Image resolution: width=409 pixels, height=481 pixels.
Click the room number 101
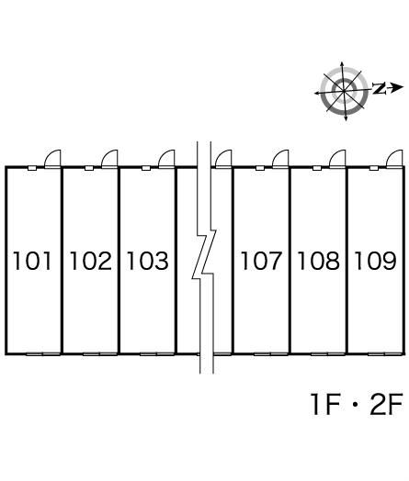tap(31, 261)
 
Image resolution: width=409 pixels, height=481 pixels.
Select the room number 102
tap(91, 261)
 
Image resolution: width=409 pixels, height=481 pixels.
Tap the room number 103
tap(148, 261)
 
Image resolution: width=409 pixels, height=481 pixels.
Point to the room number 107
tap(261, 261)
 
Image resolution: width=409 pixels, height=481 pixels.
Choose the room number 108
tap(318, 261)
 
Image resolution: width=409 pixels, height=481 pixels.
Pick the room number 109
tap(376, 261)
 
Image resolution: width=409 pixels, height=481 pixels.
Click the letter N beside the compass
tap(380, 88)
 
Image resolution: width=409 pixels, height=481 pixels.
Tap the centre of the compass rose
tap(344, 91)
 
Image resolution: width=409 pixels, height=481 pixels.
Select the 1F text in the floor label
tap(325, 404)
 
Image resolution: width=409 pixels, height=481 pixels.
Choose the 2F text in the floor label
tap(386, 404)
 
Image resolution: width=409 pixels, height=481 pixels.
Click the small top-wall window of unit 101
tap(32, 168)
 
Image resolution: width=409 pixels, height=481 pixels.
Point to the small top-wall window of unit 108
tap(317, 168)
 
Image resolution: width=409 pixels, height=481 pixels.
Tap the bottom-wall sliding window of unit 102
tap(100, 354)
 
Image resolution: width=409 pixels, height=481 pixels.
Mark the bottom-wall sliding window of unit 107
tap(271, 354)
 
